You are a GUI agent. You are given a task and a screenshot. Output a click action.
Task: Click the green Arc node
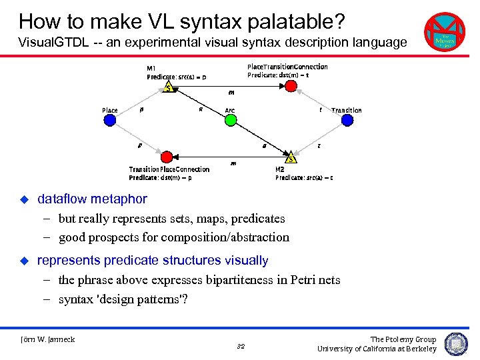[230, 120]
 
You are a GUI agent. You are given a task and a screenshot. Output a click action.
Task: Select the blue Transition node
[347, 120]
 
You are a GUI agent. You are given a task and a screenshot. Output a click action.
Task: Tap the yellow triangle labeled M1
[169, 87]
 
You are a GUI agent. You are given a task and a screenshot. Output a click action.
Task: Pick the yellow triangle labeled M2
[291, 158]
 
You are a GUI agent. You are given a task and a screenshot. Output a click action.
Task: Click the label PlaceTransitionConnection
[287, 67]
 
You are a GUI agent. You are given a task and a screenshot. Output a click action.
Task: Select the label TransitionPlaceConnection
[169, 169]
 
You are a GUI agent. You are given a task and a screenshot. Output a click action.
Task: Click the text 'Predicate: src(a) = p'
[177, 77]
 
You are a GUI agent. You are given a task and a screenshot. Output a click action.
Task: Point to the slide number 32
[241, 347]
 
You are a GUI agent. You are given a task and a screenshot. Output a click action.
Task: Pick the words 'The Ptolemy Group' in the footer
[403, 339]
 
